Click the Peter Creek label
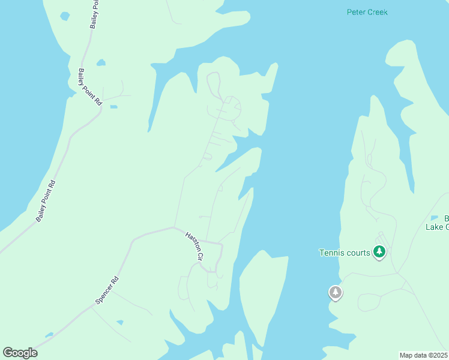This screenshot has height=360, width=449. coord(367,12)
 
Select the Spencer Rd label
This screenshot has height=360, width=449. coord(107,289)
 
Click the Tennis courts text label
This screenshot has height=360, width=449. coord(344,253)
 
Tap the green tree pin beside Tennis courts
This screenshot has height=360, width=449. coord(379,252)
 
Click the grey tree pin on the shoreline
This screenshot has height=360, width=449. coord(336,293)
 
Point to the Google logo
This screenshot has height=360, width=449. coord(20,353)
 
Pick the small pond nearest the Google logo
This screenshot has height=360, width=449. coord(49,335)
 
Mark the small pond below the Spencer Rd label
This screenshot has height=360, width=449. coord(120,323)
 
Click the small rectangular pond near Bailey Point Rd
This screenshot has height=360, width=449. coord(113,107)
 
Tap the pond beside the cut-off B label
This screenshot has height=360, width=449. coord(435,218)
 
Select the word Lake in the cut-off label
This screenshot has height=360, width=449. coord(434,226)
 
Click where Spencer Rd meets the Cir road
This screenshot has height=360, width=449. coord(173,227)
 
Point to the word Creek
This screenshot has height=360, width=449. coord(376,12)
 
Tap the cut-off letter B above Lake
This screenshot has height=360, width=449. coord(446,218)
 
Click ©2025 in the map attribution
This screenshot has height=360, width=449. coord(439,355)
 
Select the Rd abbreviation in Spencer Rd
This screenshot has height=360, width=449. coord(115,280)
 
